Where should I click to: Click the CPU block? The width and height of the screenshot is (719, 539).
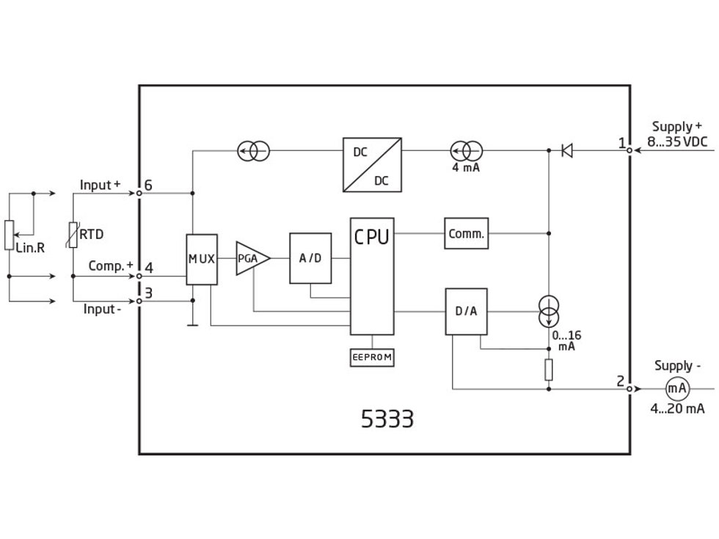tap(372, 276)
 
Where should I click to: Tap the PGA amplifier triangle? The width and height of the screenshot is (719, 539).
tap(250, 258)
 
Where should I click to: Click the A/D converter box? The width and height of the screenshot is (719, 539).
tap(310, 258)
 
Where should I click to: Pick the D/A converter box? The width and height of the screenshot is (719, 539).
tap(466, 311)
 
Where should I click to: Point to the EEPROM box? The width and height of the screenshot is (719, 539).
tap(372, 358)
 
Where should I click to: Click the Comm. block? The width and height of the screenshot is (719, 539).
tap(466, 234)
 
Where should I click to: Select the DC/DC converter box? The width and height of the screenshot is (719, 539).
tap(372, 165)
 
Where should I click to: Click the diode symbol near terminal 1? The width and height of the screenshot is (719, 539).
tap(566, 150)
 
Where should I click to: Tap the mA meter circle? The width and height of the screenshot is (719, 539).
tap(677, 389)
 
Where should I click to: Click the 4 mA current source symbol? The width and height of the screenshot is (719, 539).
tap(466, 151)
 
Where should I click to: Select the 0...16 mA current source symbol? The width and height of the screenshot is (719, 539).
tap(549, 312)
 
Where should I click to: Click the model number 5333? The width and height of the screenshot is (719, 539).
tap(387, 419)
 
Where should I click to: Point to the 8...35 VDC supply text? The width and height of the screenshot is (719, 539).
tap(677, 142)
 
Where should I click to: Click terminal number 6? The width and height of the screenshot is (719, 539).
tap(148, 186)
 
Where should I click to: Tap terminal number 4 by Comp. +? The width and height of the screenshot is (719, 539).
tap(148, 268)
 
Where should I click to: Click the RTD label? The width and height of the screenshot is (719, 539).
tap(92, 235)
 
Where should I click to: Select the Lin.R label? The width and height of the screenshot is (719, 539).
tap(30, 248)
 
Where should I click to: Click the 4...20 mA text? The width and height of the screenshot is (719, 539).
tap(677, 409)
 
